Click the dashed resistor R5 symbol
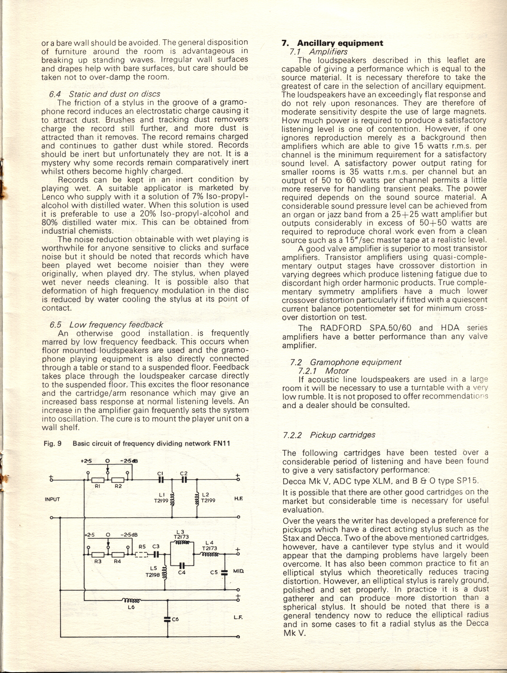click(x=141, y=555)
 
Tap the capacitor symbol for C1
click(x=161, y=480)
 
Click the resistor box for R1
click(x=98, y=480)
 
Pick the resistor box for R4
click(x=118, y=555)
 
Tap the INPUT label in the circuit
click(x=52, y=499)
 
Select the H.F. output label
click(x=238, y=499)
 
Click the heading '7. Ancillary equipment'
click(x=332, y=43)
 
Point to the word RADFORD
click(x=341, y=328)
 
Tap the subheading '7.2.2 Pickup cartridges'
click(x=329, y=435)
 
